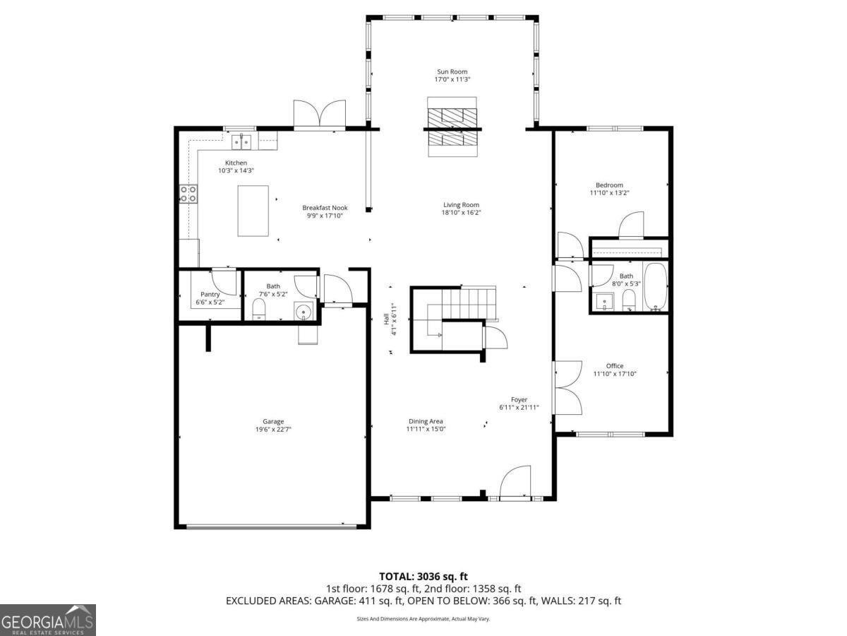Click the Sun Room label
[x=452, y=71]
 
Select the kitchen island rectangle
[x=253, y=211]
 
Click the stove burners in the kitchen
[x=188, y=194]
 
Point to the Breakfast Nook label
[x=325, y=208]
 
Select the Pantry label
[x=210, y=294]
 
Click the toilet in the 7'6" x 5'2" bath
[x=258, y=309]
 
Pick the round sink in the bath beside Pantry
[x=304, y=311]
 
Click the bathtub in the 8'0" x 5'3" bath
[x=654, y=287]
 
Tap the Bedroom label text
[x=609, y=185]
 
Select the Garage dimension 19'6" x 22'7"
[x=273, y=429]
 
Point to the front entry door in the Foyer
[x=515, y=483]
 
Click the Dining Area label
[x=426, y=421]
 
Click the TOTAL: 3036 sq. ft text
[x=423, y=577]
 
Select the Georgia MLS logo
[x=47, y=620]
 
